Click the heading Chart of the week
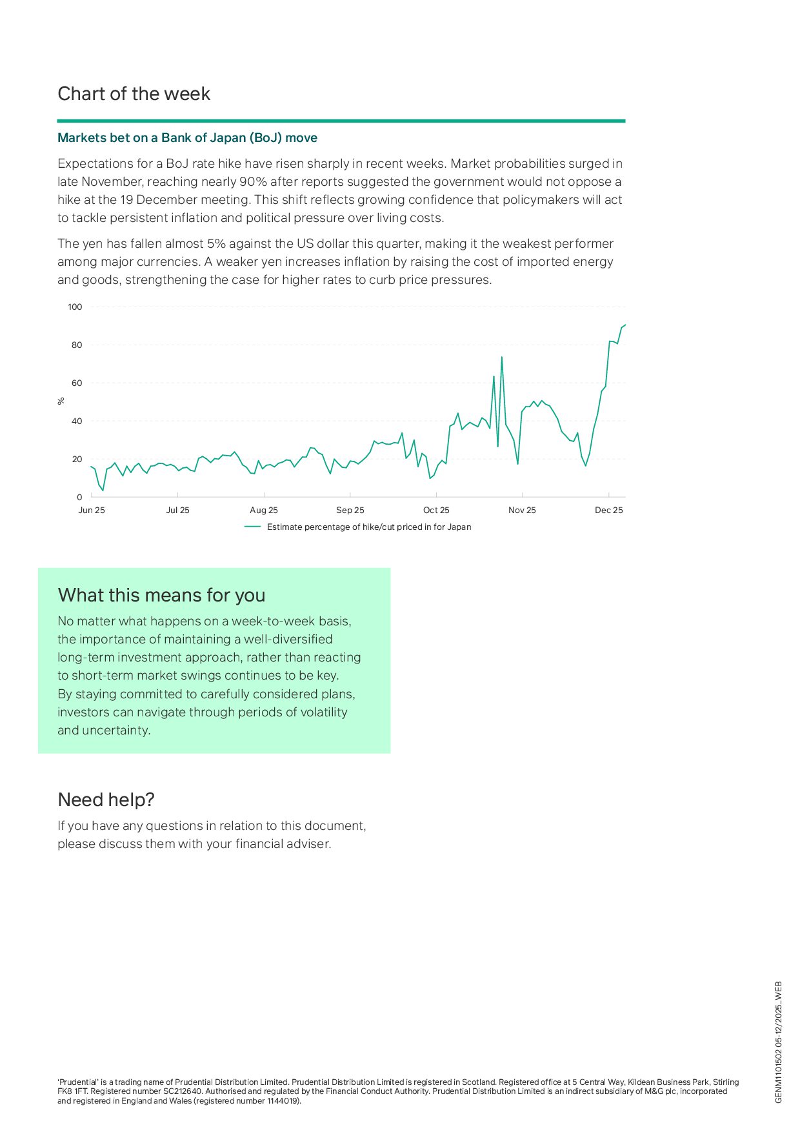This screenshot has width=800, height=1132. pyautogui.click(x=134, y=94)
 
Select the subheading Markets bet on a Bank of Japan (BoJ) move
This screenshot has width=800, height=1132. pyautogui.click(x=187, y=138)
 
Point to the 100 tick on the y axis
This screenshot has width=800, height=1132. pyautogui.click(x=75, y=307)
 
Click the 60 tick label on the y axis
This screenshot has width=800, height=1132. pyautogui.click(x=77, y=383)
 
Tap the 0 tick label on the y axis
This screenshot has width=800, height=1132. pyautogui.click(x=80, y=498)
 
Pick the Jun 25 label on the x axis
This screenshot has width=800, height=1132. pyautogui.click(x=92, y=510)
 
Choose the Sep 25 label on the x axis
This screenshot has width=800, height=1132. pyautogui.click(x=350, y=510)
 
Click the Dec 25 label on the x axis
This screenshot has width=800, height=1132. pyautogui.click(x=608, y=510)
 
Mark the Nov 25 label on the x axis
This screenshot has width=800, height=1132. pyautogui.click(x=522, y=510)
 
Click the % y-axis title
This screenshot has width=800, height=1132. pyautogui.click(x=61, y=401)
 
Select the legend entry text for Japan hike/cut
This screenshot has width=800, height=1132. pyautogui.click(x=369, y=527)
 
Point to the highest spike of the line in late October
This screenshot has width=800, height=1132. pyautogui.click(x=502, y=357)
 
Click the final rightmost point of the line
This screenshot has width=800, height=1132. pyautogui.click(x=625, y=325)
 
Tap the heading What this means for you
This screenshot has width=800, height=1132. pyautogui.click(x=161, y=595)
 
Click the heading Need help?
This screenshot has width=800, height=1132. pyautogui.click(x=106, y=800)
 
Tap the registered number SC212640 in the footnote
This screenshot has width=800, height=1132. pyautogui.click(x=178, y=1091)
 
